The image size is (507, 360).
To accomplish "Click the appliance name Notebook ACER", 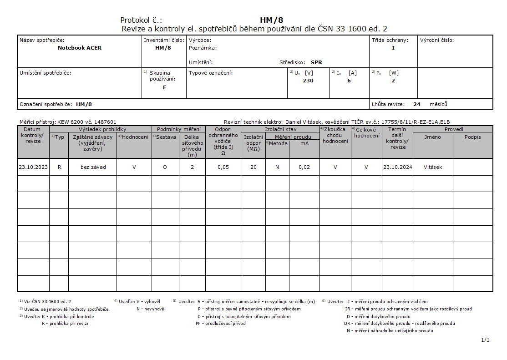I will [x=80, y=48].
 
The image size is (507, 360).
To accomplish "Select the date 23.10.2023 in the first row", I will [x=33, y=167].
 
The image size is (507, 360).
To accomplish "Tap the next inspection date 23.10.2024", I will [x=397, y=167].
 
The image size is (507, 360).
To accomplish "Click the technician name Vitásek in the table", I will [x=433, y=167].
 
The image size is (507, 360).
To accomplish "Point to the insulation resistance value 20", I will [x=253, y=167].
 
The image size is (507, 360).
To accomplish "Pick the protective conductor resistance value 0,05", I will [x=223, y=167].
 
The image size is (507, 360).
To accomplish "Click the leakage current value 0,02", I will [x=304, y=167].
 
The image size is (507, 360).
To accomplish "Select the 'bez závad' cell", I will [x=93, y=167].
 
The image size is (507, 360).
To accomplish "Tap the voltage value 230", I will [x=308, y=81].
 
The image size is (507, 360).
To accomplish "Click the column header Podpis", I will [x=472, y=137].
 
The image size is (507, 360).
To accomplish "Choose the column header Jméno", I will [x=432, y=137].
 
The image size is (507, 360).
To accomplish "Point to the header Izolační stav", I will [x=280, y=129].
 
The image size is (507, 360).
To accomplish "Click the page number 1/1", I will [x=485, y=340].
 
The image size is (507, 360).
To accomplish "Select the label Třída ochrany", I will [x=390, y=40].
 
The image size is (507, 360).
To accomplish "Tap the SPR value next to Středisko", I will [x=316, y=62].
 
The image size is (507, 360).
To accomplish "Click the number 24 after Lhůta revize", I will [x=417, y=104].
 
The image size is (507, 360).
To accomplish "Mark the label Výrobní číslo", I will [x=437, y=40].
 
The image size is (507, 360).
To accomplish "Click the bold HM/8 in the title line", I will [x=272, y=20].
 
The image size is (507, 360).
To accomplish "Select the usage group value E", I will [x=164, y=87].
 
